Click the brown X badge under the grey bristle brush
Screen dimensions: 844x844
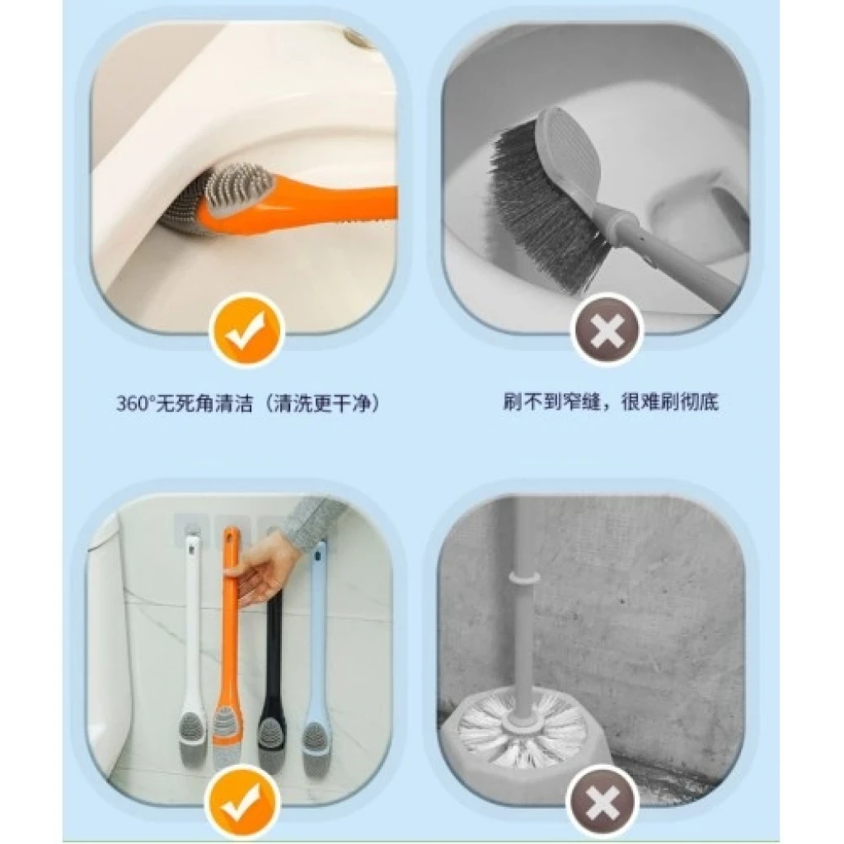click(607, 330)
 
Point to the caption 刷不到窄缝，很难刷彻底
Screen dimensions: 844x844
click(611, 401)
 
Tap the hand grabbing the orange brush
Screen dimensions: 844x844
click(260, 577)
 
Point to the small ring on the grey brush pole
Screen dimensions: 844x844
click(523, 577)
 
